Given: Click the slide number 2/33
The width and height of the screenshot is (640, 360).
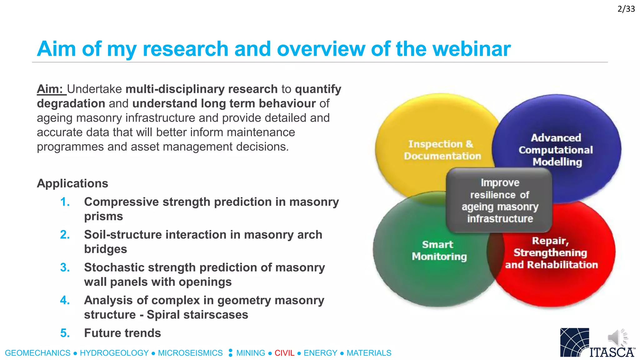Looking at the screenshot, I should [626, 9].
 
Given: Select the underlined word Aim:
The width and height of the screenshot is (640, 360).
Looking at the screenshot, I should [51, 89].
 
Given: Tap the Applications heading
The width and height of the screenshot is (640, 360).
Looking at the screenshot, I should [72, 183].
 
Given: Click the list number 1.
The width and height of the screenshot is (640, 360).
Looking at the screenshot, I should [65, 202].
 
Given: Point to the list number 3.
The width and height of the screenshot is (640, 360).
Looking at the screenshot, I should [65, 267].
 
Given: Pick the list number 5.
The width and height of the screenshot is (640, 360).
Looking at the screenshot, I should [65, 333].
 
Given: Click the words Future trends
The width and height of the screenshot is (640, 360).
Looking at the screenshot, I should [122, 333].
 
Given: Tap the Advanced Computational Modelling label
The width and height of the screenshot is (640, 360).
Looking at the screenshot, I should [556, 150].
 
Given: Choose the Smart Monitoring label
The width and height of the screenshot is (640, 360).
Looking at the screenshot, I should [439, 250].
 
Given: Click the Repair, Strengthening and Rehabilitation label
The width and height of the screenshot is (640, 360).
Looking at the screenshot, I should [551, 253].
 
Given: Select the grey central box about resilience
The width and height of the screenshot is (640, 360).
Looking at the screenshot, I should [499, 201].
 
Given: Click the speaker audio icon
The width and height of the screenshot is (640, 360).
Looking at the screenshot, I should [617, 337].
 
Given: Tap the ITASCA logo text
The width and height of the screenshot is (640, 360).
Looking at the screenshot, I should [612, 352].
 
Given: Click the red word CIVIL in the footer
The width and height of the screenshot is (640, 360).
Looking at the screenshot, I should [284, 353].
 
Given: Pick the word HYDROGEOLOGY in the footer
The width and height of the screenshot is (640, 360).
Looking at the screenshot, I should [114, 353].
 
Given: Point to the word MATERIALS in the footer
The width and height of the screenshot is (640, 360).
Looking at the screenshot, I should [369, 353].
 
